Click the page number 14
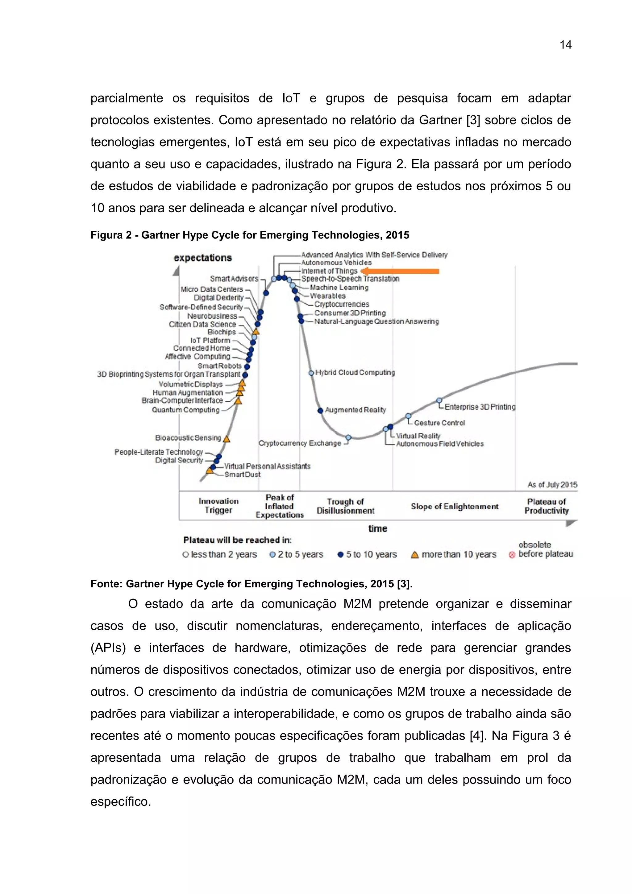[x=565, y=45]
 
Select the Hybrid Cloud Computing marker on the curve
[x=311, y=373]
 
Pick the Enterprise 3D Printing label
[x=480, y=407]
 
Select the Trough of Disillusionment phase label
[x=345, y=506]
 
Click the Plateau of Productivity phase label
[x=546, y=506]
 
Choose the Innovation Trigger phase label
[x=218, y=505]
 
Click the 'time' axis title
[x=377, y=528]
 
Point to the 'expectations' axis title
[x=202, y=258]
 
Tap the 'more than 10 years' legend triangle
[x=415, y=554]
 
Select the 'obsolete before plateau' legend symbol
[x=512, y=555]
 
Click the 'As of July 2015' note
[x=552, y=485]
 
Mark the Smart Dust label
[x=242, y=475]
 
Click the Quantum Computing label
[x=185, y=410]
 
